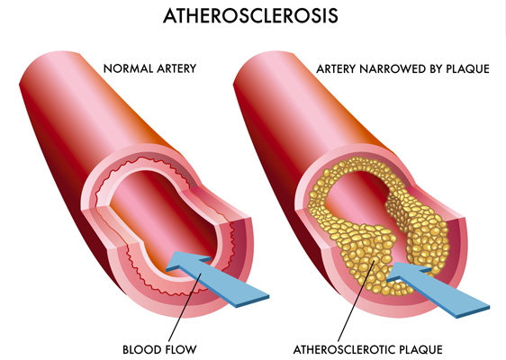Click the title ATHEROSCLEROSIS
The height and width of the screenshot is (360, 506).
(250, 15)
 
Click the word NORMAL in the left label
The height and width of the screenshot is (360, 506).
(128, 68)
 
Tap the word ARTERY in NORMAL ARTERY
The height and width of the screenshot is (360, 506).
(176, 68)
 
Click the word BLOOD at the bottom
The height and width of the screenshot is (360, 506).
(141, 349)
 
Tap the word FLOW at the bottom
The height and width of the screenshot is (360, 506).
(180, 349)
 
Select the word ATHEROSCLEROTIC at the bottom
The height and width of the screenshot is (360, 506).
(344, 350)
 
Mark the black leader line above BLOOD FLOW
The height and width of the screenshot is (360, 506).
(185, 307)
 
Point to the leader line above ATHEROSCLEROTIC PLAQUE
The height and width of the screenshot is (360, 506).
(357, 301)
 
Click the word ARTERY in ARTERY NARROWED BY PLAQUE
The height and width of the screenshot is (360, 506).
(336, 69)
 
